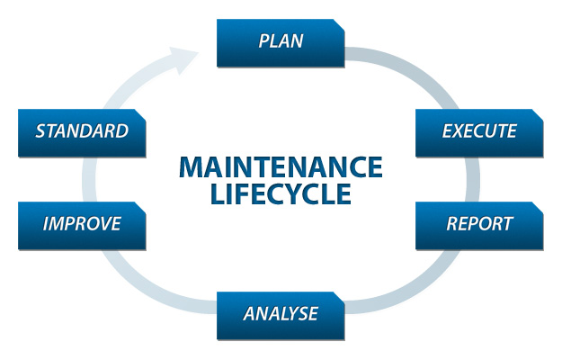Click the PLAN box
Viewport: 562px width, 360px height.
click(281, 42)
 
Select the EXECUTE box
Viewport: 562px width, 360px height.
click(479, 131)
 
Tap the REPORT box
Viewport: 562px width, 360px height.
click(479, 224)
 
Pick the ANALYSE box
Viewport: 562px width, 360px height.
click(281, 314)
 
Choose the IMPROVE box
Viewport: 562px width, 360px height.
click(82, 224)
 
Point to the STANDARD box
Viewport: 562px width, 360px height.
click(82, 131)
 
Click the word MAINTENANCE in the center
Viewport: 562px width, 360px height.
click(281, 166)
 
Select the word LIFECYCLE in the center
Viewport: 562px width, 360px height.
click(281, 194)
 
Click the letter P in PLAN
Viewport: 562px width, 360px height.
click(263, 41)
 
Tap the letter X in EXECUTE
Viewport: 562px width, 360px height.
click(459, 131)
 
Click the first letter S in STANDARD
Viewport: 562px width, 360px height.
click(41, 131)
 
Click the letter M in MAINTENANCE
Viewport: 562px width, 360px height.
click(190, 166)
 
